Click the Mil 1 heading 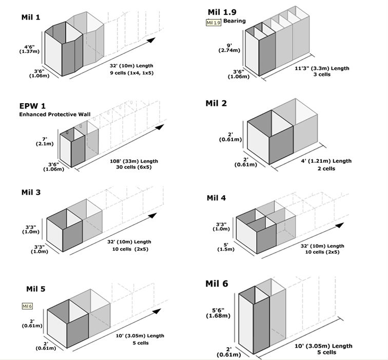pyautogui.click(x=31, y=17)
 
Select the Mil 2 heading pyautogui.click(x=216, y=103)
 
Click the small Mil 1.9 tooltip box pyautogui.click(x=213, y=23)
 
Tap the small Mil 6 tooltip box pyautogui.click(x=28, y=306)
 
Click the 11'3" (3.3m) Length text pyautogui.click(x=322, y=68)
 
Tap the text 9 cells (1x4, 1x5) pyautogui.click(x=132, y=73)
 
